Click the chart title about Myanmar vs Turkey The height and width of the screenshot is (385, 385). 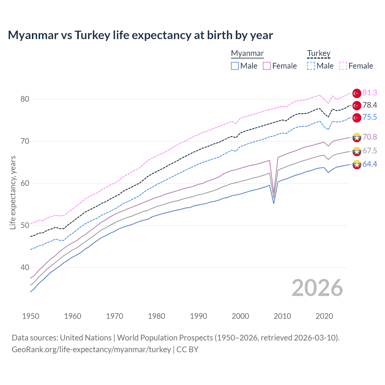click(x=140, y=35)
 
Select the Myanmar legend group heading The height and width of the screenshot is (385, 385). click(x=247, y=53)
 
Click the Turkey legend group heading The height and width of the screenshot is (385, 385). click(x=319, y=53)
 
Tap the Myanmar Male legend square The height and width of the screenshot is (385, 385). click(x=235, y=66)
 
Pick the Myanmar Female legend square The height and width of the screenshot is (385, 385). click(x=267, y=66)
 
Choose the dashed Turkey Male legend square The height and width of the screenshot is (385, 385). click(x=311, y=66)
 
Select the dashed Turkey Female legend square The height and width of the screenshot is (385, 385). click(x=343, y=66)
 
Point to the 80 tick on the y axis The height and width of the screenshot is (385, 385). click(x=25, y=99)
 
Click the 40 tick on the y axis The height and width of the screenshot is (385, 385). click(x=25, y=267)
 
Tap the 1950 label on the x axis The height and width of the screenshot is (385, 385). click(x=31, y=316)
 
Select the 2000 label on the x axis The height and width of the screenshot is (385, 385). click(x=240, y=316)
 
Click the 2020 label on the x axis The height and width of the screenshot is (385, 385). click(x=324, y=316)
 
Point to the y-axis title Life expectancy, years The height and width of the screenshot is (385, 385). click(x=13, y=192)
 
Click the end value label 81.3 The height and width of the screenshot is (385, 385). click(x=370, y=93)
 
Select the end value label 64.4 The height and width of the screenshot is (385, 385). click(x=370, y=164)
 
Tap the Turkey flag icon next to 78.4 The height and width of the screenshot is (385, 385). click(x=357, y=105)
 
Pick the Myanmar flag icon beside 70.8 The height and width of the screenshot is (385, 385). click(x=357, y=137)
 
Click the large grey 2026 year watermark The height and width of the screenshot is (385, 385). click(x=317, y=288)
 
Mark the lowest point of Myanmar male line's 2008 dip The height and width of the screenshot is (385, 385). click(x=274, y=204)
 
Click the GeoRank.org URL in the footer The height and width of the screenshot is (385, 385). click(x=91, y=350)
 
